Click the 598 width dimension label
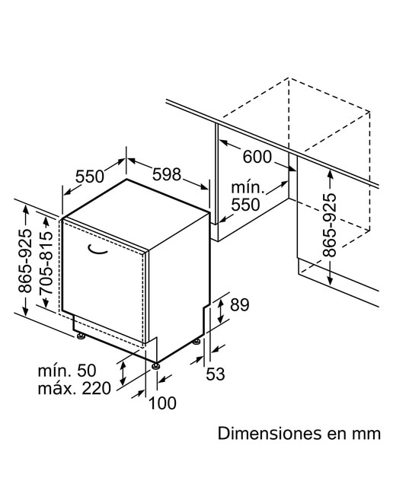tap(166, 174)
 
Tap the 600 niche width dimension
tap(257, 157)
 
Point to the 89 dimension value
tap(239, 304)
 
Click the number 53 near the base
tap(216, 374)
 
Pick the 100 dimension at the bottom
tap(163, 403)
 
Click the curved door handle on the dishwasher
tap(97, 250)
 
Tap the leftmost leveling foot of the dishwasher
tap(81, 336)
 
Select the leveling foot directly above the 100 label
tap(155, 366)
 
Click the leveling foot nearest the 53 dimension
tap(196, 341)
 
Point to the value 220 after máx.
tap(97, 388)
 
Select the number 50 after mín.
tap(86, 371)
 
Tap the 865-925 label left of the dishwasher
tap(25, 261)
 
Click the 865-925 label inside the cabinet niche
tap(329, 225)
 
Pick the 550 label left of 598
tap(90, 177)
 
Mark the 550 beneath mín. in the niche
tap(245, 205)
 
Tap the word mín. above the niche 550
tap(248, 188)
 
